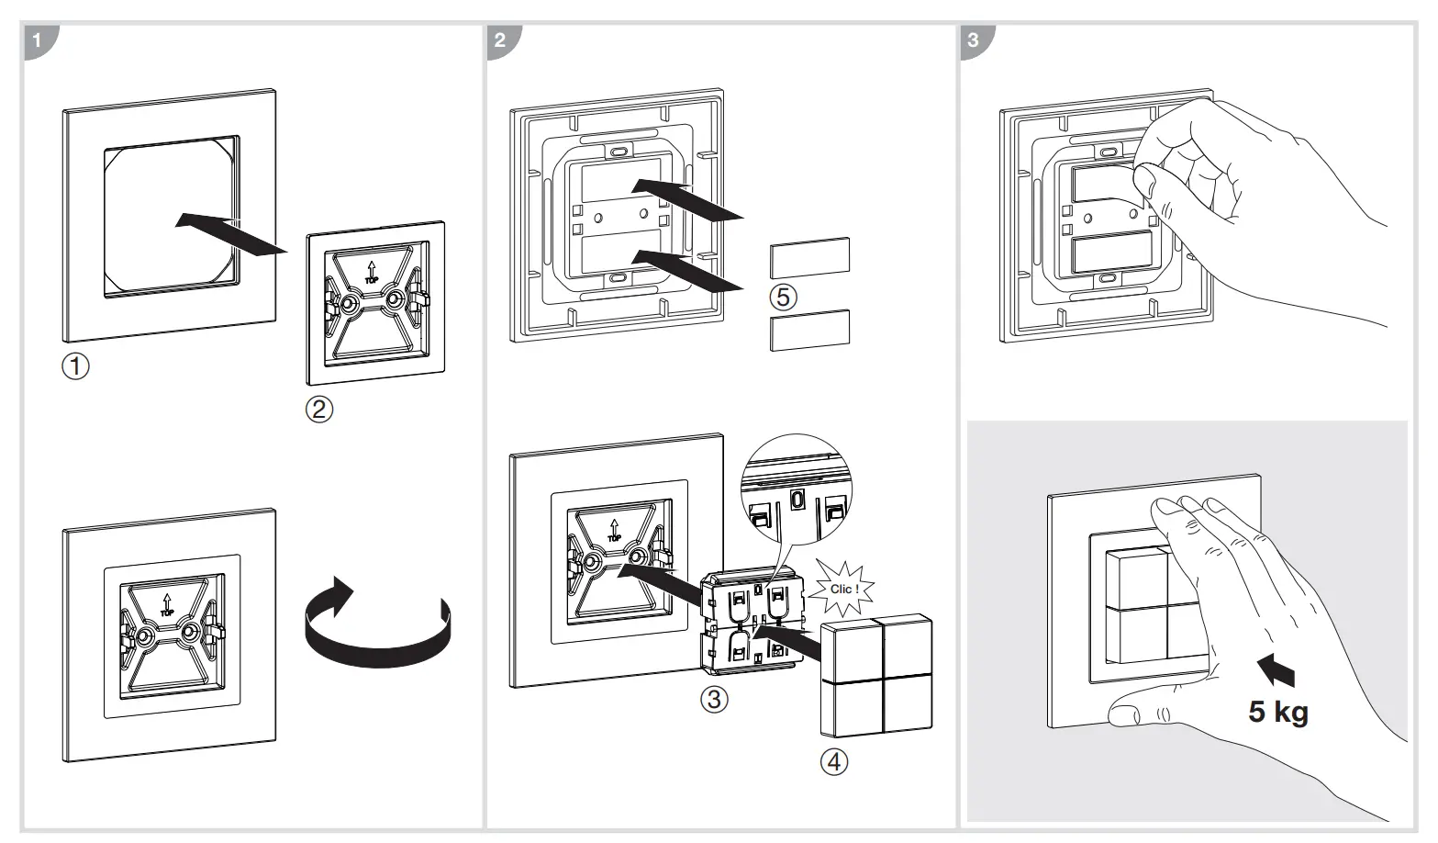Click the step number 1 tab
pos(38,41)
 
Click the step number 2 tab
pos(500,41)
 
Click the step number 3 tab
pos(974,41)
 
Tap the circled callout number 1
pos(75,366)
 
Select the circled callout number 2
pos(318,409)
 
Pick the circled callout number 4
pos(833,761)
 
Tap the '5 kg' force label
pos(1277,711)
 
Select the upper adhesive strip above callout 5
pos(809,257)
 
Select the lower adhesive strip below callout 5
pos(809,330)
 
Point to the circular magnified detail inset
pos(795,496)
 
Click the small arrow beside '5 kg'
pos(1277,672)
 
